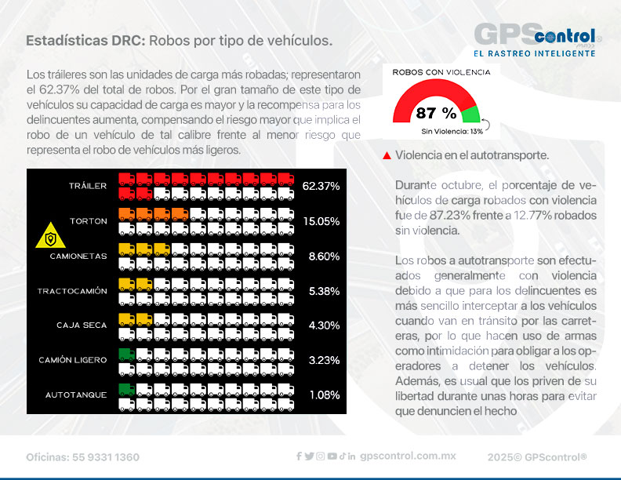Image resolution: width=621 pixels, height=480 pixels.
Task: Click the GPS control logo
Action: tap(538, 39)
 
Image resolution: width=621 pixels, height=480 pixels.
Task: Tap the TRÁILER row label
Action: tap(87, 186)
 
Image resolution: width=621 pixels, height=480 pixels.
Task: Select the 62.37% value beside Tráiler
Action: tap(321, 186)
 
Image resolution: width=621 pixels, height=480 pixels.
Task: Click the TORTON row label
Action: tap(88, 221)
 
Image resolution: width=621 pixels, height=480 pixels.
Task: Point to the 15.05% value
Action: tap(321, 221)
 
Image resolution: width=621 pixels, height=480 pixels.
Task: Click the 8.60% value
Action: tap(324, 256)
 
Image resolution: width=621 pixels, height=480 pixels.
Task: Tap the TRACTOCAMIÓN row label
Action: tap(72, 291)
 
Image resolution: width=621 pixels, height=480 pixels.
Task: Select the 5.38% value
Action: tap(324, 291)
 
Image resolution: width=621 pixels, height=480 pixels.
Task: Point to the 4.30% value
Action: tap(324, 325)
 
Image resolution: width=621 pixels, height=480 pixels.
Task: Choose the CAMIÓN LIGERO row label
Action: tap(73, 360)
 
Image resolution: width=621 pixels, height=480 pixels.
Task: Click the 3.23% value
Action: tap(324, 360)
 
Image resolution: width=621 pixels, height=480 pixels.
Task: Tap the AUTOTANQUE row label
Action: tap(74, 395)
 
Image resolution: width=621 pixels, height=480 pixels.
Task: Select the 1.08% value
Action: tap(324, 395)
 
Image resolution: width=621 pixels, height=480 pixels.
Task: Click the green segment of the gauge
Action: tap(471, 115)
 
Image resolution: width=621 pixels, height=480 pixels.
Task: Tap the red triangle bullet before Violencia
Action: tap(387, 156)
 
